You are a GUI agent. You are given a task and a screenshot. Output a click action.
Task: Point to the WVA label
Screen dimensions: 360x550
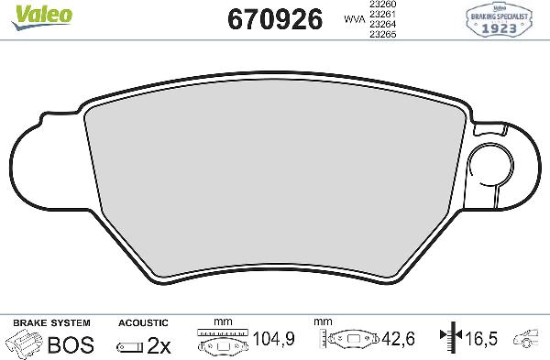click(350, 18)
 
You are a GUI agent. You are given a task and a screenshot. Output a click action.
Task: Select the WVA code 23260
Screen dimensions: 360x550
click(382, 5)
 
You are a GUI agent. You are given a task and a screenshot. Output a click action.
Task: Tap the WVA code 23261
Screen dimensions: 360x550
click(382, 15)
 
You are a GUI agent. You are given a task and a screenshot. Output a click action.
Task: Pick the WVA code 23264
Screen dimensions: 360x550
click(382, 26)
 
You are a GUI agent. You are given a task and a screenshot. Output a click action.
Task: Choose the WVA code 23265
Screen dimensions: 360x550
click(382, 36)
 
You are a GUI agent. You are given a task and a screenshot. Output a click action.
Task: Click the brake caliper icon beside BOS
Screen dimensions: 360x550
click(24, 344)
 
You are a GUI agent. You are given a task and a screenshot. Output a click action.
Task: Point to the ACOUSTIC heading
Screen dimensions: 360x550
click(144, 322)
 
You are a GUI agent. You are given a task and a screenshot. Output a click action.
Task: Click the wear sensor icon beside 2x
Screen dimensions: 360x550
click(129, 346)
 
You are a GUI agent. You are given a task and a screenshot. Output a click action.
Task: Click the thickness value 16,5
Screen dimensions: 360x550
click(480, 340)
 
